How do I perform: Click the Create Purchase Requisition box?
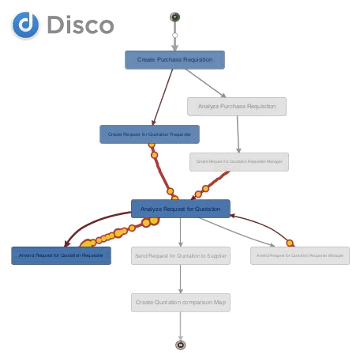pos(174,60)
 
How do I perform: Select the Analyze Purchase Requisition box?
pos(237,106)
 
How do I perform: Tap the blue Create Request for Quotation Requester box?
pos(149,134)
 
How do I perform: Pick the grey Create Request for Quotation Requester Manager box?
pos(239,162)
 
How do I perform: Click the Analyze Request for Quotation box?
pos(180,209)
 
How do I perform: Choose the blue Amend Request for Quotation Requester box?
pos(61,255)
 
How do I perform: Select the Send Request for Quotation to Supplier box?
pos(181,255)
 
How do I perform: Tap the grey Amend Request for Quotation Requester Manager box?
pos(300,255)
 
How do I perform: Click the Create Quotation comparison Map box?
pos(181,302)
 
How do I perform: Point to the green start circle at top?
pos(174,17)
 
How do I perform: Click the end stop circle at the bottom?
pos(181,345)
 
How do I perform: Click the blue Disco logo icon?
pos(25,25)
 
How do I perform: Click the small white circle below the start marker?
pos(174,36)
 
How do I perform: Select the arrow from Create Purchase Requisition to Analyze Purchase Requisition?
pos(208,84)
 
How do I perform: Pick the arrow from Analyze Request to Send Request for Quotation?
pos(181,232)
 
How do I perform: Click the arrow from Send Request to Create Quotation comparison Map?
pos(181,278)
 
